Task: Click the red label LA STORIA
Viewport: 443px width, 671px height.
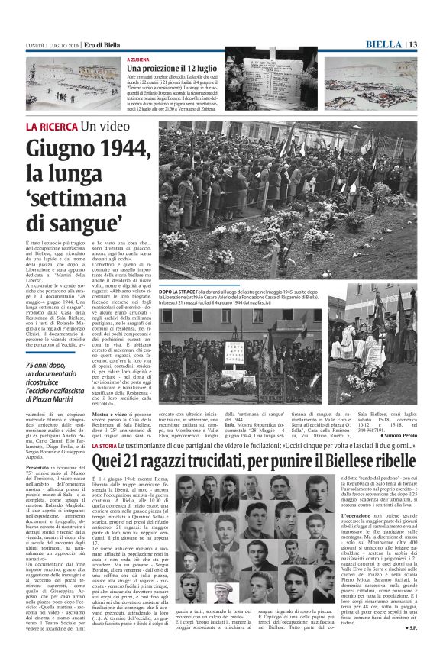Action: [x=103, y=446]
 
